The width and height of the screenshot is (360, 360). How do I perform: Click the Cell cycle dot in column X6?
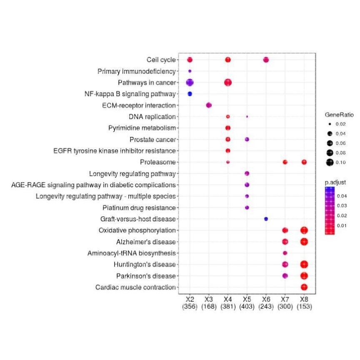tap(266, 60)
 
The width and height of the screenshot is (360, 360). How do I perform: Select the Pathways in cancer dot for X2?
tap(190, 82)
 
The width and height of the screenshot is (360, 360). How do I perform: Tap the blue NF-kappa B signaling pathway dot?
tap(190, 94)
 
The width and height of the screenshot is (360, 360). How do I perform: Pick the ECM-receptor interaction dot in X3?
tap(209, 105)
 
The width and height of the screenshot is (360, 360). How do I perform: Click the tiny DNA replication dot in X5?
tap(247, 117)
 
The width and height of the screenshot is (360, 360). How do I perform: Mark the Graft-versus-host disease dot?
tap(266, 219)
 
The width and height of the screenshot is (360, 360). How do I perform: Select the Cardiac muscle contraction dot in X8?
tap(304, 287)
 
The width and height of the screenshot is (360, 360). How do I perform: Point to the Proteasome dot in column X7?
tap(285, 162)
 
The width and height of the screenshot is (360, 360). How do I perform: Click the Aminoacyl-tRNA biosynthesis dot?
tap(285, 253)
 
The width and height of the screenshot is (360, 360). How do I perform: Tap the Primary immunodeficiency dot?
tap(190, 71)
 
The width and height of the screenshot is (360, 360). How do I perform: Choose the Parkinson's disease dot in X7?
tap(285, 275)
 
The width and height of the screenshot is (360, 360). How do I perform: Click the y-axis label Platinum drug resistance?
tap(140, 207)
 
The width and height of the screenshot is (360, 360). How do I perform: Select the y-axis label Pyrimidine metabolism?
tap(142, 128)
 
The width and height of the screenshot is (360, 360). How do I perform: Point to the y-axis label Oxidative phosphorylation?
tap(137, 230)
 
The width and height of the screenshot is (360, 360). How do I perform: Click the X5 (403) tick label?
tap(247, 303)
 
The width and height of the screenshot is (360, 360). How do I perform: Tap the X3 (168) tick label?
tap(209, 303)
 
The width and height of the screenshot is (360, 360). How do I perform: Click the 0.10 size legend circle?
tap(330, 162)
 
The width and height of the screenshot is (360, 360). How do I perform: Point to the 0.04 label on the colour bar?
tap(342, 195)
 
